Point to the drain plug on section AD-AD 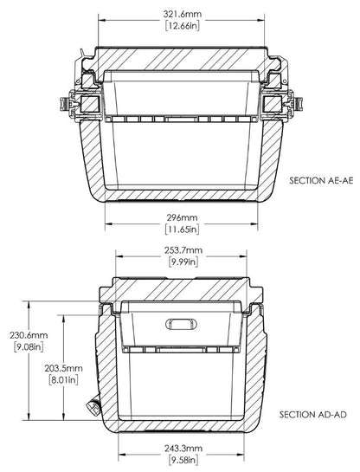click(x=93, y=404)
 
